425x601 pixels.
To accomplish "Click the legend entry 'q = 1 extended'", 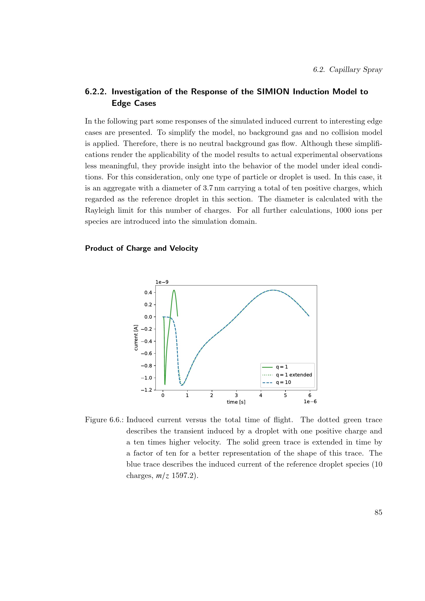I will tap(294, 375).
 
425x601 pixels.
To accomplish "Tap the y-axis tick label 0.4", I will tap(148, 292).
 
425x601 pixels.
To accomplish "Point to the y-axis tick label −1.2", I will tap(146, 390).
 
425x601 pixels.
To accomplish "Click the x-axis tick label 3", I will tap(236, 395).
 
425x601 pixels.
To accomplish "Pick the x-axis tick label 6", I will tap(310, 395).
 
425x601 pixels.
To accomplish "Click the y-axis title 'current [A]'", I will tap(136, 338).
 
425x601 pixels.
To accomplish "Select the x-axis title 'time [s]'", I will tap(236, 402).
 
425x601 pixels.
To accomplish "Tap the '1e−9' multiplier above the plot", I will tap(162, 282).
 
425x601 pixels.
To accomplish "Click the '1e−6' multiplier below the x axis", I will tap(310, 402).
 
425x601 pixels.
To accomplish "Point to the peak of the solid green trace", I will tap(174, 290).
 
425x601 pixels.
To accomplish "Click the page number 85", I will tap(378, 512).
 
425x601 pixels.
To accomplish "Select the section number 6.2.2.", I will tap(96, 92).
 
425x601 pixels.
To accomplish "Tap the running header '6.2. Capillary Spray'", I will tap(348, 69).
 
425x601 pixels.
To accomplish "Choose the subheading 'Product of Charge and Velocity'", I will tap(142, 248).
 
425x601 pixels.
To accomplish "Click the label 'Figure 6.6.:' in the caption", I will tap(104, 420).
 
